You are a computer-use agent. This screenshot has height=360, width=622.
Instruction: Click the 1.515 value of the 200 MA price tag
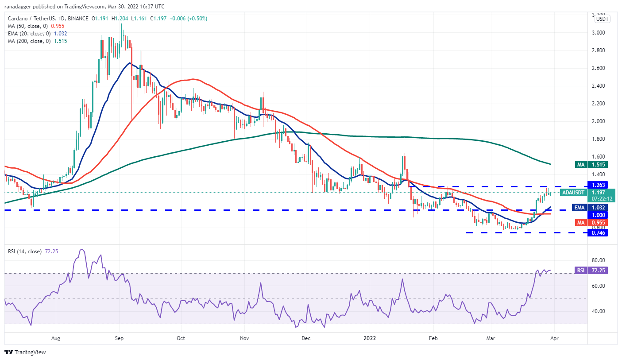point(597,165)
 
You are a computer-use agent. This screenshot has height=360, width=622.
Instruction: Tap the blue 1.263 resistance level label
point(597,185)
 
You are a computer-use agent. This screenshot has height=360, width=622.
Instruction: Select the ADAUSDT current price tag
point(573,193)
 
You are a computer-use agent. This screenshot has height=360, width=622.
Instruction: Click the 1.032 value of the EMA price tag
point(597,207)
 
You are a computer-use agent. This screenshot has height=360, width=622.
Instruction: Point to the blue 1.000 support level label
point(597,215)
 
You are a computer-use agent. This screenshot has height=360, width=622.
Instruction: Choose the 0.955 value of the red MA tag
point(597,222)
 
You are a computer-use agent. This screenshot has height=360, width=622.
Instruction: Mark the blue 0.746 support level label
point(597,232)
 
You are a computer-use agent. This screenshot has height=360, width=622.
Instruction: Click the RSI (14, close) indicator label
point(24,252)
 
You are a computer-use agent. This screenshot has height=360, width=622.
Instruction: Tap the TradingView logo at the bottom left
point(25,352)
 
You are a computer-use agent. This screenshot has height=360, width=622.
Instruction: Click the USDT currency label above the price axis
point(602,19)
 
